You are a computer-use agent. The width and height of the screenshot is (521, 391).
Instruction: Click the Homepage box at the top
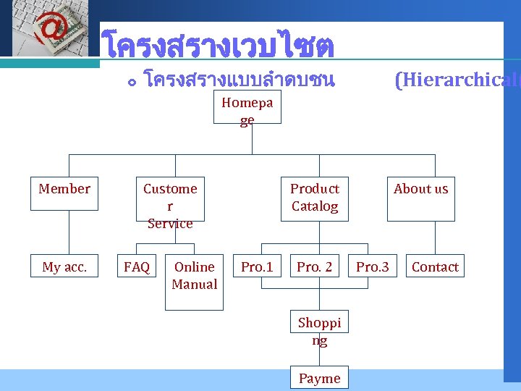click(247, 109)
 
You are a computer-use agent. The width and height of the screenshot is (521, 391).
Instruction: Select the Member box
click(64, 193)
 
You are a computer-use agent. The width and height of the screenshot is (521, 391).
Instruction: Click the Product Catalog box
click(314, 198)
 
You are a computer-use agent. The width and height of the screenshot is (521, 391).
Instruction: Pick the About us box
click(420, 198)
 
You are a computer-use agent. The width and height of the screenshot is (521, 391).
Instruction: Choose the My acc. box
click(64, 267)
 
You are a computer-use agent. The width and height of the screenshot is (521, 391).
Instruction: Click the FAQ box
click(137, 267)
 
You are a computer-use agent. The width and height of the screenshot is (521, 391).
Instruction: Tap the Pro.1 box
click(257, 267)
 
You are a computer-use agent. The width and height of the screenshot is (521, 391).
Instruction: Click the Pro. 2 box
click(314, 267)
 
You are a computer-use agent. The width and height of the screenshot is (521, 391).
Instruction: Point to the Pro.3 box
click(373, 267)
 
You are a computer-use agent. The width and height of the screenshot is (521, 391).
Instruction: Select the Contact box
click(435, 267)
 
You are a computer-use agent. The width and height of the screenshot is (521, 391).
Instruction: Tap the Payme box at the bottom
click(319, 377)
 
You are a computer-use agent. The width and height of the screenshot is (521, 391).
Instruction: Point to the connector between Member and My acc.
click(69, 232)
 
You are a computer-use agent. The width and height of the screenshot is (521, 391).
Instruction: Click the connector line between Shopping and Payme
click(319, 360)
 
